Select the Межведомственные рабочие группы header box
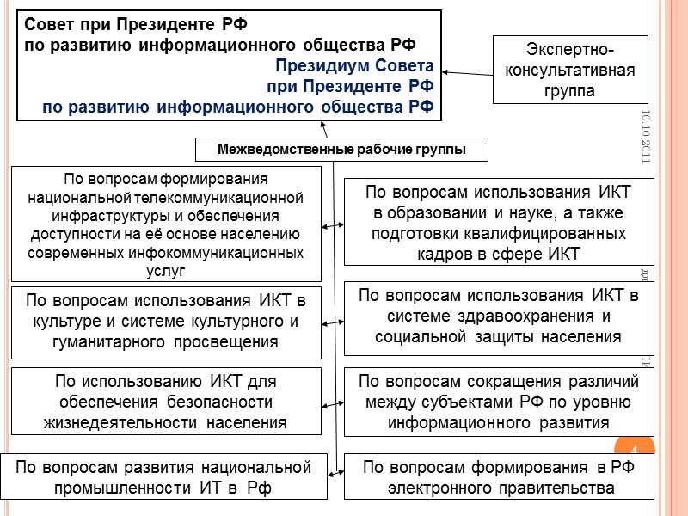click(x=341, y=150)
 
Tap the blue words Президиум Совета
click(x=354, y=66)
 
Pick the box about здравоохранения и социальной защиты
click(x=499, y=317)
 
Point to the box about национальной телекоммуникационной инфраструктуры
click(x=166, y=224)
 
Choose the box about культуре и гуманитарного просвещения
click(x=166, y=321)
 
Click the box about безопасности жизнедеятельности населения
click(x=166, y=401)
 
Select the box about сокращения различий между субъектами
click(x=499, y=401)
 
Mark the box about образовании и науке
click(x=499, y=222)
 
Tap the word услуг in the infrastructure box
click(x=166, y=272)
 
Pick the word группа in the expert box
click(x=563, y=91)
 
